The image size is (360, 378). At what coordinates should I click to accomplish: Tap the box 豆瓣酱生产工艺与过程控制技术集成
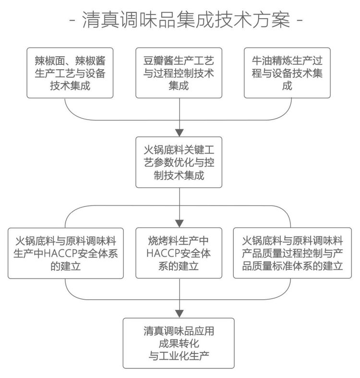(x=180, y=73)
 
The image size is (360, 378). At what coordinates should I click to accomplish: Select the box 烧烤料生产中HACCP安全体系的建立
(x=180, y=253)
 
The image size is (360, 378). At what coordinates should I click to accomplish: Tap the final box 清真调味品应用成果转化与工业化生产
(x=180, y=343)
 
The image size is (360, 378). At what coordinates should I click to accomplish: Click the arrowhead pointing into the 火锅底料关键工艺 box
(x=180, y=133)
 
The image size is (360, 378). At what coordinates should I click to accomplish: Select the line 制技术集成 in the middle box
(x=180, y=175)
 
